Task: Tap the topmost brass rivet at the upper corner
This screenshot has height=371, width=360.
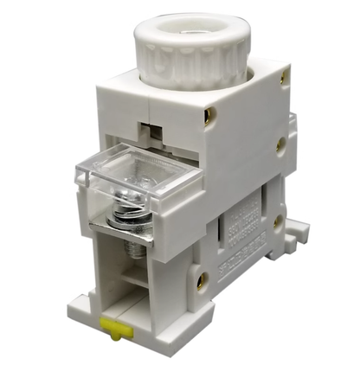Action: tap(283, 76)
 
